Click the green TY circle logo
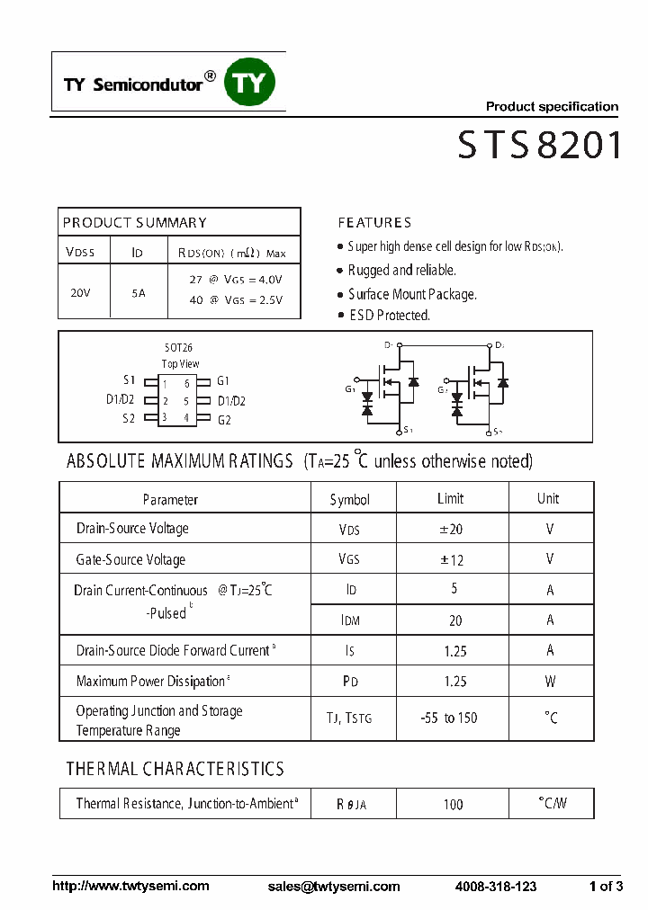click(x=249, y=82)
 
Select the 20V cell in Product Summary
click(x=80, y=292)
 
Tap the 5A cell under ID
click(x=138, y=292)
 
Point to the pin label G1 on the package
click(x=224, y=380)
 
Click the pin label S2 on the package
click(x=129, y=418)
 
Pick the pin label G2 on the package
click(x=224, y=420)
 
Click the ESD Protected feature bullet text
click(x=390, y=316)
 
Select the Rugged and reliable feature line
click(x=402, y=270)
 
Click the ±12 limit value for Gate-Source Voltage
click(x=451, y=559)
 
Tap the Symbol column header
click(x=349, y=499)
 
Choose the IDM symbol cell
click(x=349, y=620)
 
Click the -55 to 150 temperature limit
click(x=448, y=718)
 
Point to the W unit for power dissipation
click(x=550, y=682)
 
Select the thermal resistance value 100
click(x=453, y=804)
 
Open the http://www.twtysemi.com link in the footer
click(x=131, y=886)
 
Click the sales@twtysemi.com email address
click(x=334, y=886)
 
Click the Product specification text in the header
click(x=552, y=106)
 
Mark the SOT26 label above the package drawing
click(x=178, y=347)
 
